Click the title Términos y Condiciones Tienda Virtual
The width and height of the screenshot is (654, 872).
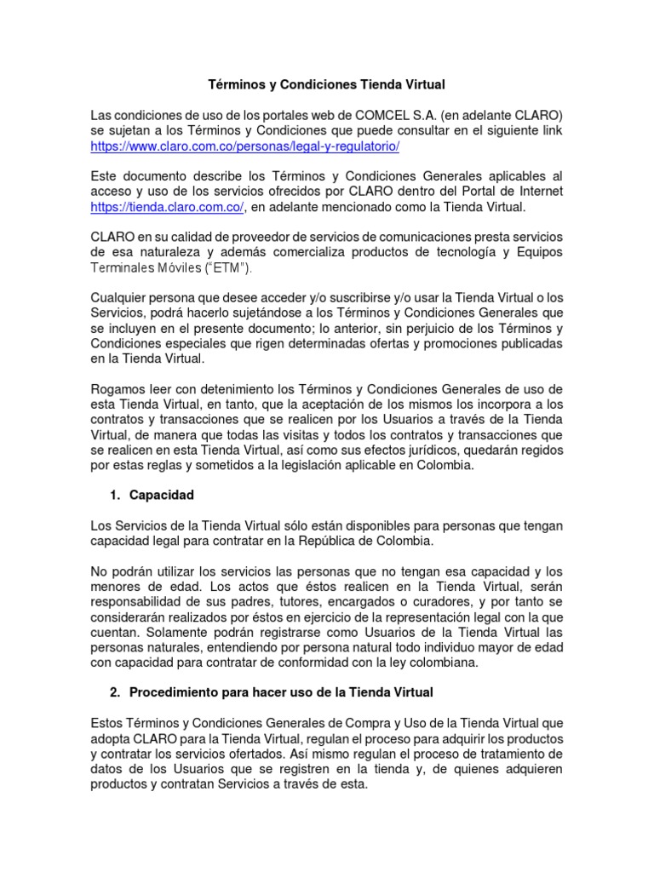pos(327,85)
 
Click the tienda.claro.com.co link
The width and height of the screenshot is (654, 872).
pos(168,207)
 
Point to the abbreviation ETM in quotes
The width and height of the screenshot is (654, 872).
pos(236,268)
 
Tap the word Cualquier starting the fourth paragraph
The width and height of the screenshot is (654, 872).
pos(118,297)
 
